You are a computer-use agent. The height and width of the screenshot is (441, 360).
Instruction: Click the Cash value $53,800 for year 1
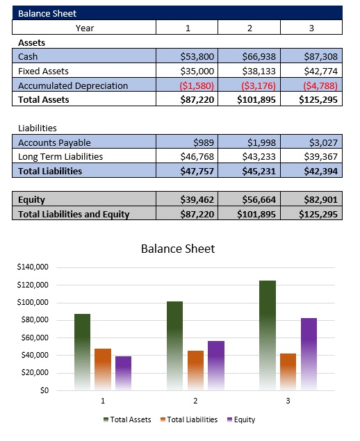tap(197, 56)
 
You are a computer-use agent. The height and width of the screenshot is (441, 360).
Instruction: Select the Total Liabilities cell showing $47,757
tap(197, 171)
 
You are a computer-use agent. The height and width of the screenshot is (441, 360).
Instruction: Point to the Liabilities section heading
tap(38, 128)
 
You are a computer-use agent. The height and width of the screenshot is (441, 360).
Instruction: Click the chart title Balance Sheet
tap(178, 249)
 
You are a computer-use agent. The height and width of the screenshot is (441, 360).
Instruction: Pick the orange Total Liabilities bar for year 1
tap(103, 368)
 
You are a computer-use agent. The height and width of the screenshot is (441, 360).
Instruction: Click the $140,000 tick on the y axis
tap(33, 267)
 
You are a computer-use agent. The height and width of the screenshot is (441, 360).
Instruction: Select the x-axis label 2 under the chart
tap(195, 401)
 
